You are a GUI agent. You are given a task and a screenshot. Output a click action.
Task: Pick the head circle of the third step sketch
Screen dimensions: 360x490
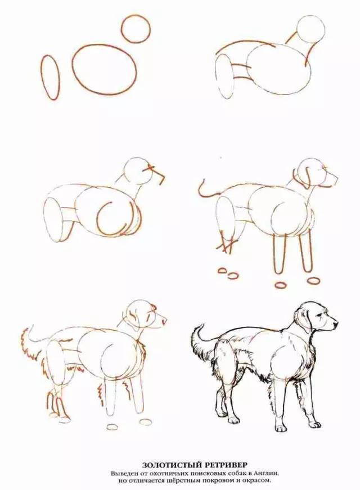[x=124, y=173]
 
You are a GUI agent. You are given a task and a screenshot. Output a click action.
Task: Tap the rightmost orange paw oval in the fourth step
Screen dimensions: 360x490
[x=313, y=280]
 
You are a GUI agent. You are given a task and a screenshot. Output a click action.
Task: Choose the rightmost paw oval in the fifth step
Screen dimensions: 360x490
[x=144, y=422]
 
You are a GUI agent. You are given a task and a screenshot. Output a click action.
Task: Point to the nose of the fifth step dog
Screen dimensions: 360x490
[x=165, y=320]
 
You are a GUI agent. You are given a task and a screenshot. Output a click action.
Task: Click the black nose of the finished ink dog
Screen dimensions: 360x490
[x=336, y=325]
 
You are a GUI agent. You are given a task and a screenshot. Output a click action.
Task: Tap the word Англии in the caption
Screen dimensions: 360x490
[x=268, y=473]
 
